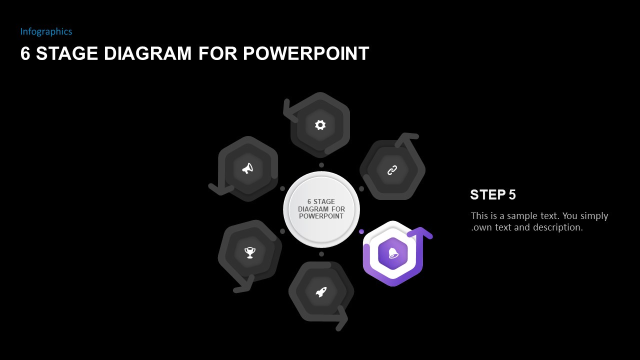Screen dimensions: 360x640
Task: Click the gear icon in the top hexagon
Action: [x=320, y=125]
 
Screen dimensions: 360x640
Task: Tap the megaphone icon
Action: [x=247, y=168]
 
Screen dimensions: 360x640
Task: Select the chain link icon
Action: [x=392, y=170]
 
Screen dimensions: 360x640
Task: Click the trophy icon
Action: [x=250, y=252]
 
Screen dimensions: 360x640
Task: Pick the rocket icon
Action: [x=321, y=292]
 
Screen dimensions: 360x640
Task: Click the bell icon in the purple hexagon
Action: [x=393, y=253]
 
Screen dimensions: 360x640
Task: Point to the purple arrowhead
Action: [x=420, y=232]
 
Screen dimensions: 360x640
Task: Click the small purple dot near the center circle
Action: [x=361, y=231]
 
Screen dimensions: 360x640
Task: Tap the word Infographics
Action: [x=46, y=31]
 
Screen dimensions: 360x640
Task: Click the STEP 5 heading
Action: [x=492, y=195]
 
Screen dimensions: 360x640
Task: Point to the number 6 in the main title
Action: [x=25, y=53]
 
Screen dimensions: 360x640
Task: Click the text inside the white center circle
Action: [x=321, y=209]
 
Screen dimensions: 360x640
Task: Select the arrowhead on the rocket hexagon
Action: [x=342, y=318]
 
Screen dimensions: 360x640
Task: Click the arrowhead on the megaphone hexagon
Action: [x=219, y=189]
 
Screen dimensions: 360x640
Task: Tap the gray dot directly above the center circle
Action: [x=321, y=165]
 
